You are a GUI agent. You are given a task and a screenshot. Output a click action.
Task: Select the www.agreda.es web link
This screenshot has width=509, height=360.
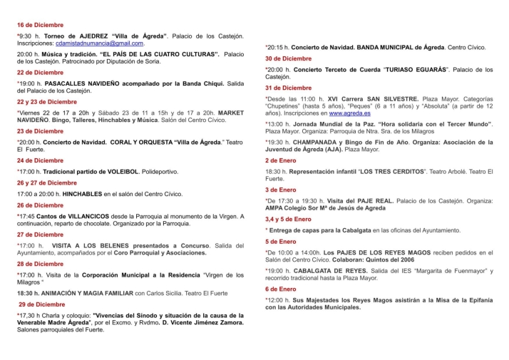[x=349, y=113]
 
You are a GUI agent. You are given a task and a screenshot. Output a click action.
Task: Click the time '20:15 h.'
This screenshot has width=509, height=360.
[x=277, y=47]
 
